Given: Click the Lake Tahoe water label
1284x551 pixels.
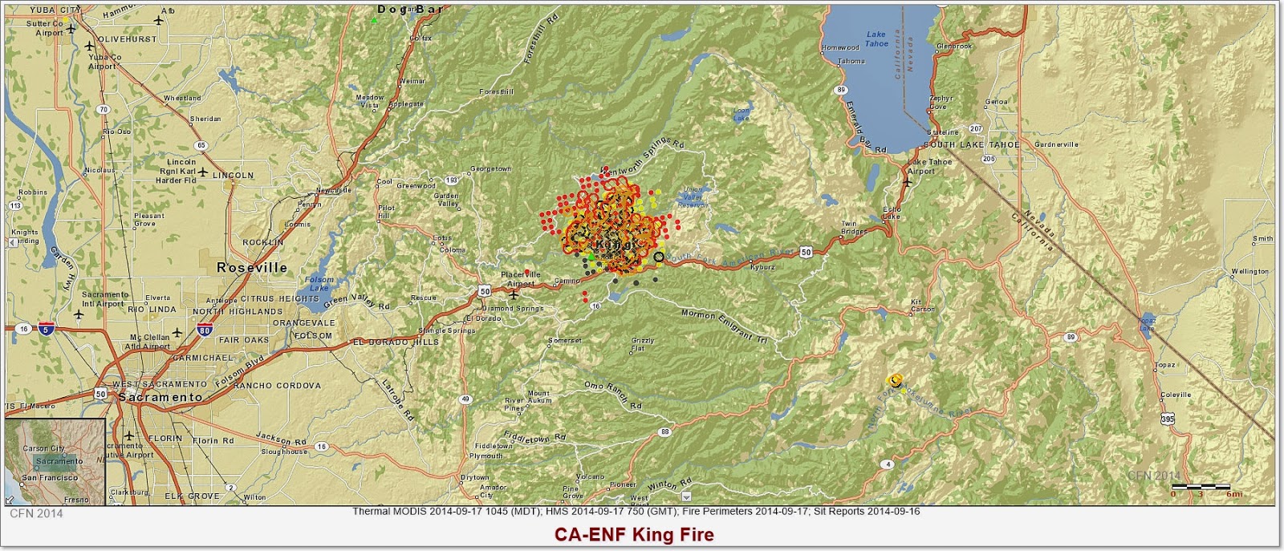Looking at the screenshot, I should tap(876, 38).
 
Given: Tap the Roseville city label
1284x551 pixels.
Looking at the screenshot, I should tap(252, 268).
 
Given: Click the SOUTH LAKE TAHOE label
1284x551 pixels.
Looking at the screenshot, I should tap(971, 145).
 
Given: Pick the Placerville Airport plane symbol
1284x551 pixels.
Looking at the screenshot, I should tap(514, 293).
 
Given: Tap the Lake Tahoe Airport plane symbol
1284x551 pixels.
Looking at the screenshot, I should tap(908, 180).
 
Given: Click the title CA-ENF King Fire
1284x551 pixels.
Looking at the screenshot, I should tap(633, 534).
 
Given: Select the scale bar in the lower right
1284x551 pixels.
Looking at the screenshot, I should tap(1201, 487).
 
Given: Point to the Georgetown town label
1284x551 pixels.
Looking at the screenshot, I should tap(490, 169).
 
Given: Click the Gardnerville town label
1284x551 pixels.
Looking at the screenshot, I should tap(1057, 145).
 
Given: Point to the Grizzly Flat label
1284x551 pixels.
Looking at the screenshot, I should tap(643, 344).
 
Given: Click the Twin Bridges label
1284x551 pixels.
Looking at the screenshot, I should tap(854, 228).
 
